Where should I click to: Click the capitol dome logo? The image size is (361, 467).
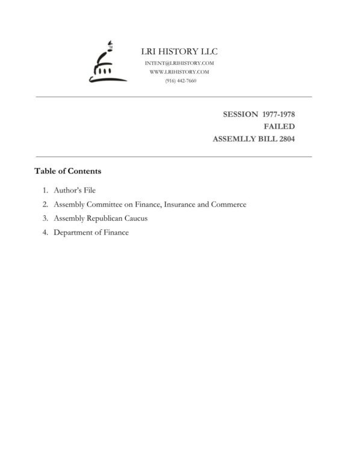tap(106, 63)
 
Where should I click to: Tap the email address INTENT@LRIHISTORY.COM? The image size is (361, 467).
tap(180, 63)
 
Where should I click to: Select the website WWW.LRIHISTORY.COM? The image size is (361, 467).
tap(179, 72)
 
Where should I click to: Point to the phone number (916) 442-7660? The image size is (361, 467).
tap(180, 81)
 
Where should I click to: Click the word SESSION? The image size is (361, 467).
tap(241, 114)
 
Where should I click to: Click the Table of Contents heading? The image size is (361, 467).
tap(67, 171)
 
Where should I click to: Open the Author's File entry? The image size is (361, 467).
tap(75, 190)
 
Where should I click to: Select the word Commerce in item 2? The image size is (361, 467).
tap(228, 204)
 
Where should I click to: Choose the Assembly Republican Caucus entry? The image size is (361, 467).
tap(100, 218)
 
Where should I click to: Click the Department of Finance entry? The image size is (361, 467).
tap(91, 233)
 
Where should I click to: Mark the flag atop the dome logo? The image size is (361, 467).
tap(110, 43)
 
